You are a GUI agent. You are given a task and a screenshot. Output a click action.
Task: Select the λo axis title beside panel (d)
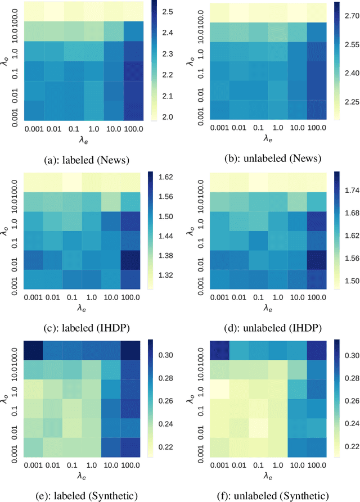coord(193,229)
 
